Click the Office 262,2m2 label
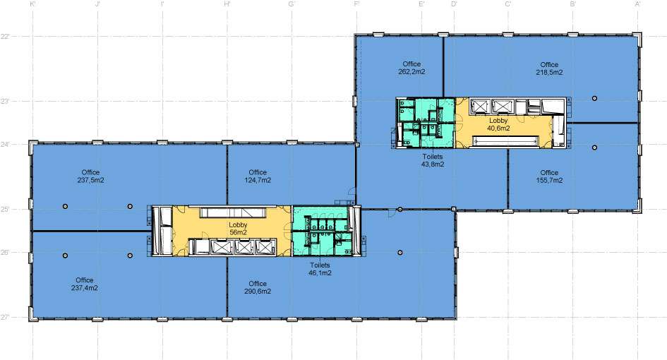click(x=411, y=68)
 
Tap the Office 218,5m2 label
click(x=549, y=68)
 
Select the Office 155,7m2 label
click(x=549, y=176)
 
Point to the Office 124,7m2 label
click(x=258, y=176)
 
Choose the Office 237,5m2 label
click(x=90, y=176)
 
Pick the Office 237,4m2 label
click(x=84, y=284)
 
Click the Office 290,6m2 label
click(x=258, y=287)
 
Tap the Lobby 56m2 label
click(x=238, y=229)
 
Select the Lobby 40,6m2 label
click(x=498, y=124)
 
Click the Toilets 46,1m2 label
click(x=320, y=269)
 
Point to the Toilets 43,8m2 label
click(x=433, y=160)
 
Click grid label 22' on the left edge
click(x=5, y=37)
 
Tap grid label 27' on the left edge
click(x=5, y=317)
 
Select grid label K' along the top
click(x=32, y=4)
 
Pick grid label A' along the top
click(x=637, y=4)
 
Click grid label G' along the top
click(x=292, y=4)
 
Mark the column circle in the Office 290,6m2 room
click(x=400, y=252)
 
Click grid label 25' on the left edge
click(x=5, y=210)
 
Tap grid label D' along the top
click(x=454, y=4)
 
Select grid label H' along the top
click(x=227, y=4)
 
